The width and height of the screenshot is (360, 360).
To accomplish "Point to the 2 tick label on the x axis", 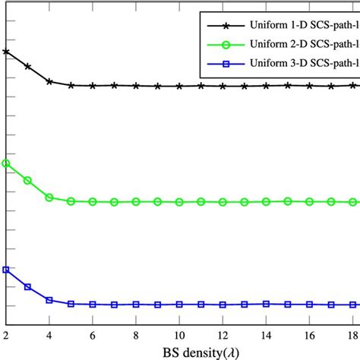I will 6,334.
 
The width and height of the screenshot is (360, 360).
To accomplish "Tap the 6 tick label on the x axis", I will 93,334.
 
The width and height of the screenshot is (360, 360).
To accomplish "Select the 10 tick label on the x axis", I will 179,334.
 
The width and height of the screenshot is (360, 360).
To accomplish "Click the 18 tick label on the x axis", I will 352,334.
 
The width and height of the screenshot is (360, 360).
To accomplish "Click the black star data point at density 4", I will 49,81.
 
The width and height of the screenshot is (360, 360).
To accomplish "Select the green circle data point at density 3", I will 27,180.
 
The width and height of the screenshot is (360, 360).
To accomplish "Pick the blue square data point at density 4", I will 49,300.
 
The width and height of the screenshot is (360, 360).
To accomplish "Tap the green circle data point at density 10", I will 179,202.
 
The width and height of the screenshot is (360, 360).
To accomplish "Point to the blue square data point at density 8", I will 136,304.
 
